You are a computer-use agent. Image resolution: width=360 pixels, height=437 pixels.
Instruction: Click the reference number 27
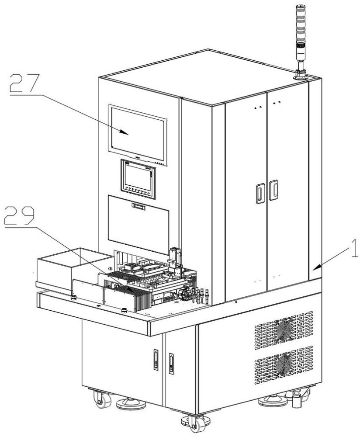click(24, 83)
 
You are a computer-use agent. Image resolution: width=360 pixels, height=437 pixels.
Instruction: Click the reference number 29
click(20, 215)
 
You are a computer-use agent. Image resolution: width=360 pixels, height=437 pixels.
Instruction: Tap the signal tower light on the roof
click(300, 42)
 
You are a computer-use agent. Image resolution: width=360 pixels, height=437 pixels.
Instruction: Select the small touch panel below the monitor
click(138, 179)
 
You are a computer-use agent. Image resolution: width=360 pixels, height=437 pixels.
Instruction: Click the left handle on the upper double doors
click(260, 193)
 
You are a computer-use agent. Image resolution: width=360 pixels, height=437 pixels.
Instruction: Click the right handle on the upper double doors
click(273, 190)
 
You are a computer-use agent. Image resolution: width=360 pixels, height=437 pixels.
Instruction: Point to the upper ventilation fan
click(284, 330)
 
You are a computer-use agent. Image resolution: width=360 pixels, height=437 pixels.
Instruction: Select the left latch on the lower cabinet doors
click(156, 360)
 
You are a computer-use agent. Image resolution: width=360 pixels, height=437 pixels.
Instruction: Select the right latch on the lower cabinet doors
click(171, 364)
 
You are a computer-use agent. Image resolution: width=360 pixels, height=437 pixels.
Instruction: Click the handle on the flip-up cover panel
click(138, 207)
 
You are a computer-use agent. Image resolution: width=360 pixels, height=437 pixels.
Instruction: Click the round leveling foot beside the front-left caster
click(131, 403)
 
